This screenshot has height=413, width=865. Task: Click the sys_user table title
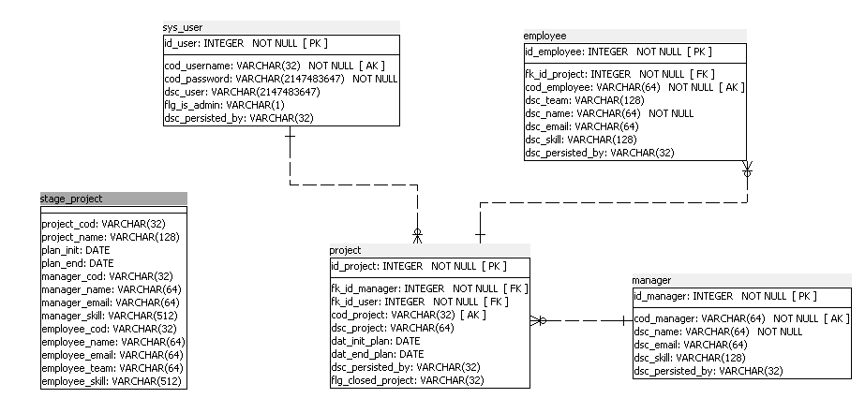click(183, 27)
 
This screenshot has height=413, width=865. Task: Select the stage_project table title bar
click(113, 199)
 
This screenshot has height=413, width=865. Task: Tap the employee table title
click(544, 36)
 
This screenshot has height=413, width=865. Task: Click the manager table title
click(651, 280)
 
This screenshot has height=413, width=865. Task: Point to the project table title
click(345, 250)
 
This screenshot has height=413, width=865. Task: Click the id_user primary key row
click(246, 44)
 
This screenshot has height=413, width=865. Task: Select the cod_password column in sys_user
click(281, 79)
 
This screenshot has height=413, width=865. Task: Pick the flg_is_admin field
click(225, 105)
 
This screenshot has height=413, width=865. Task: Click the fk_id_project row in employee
click(619, 74)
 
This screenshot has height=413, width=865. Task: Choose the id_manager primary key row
click(725, 297)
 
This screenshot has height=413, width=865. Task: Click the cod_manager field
click(742, 318)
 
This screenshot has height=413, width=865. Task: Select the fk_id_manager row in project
click(429, 288)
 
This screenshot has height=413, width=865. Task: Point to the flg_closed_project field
click(407, 380)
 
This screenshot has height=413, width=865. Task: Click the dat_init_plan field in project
click(375, 341)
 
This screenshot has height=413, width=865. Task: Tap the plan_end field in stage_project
click(78, 263)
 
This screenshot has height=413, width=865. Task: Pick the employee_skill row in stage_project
click(111, 381)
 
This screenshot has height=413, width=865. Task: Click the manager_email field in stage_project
click(111, 302)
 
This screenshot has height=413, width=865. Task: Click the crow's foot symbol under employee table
click(748, 169)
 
